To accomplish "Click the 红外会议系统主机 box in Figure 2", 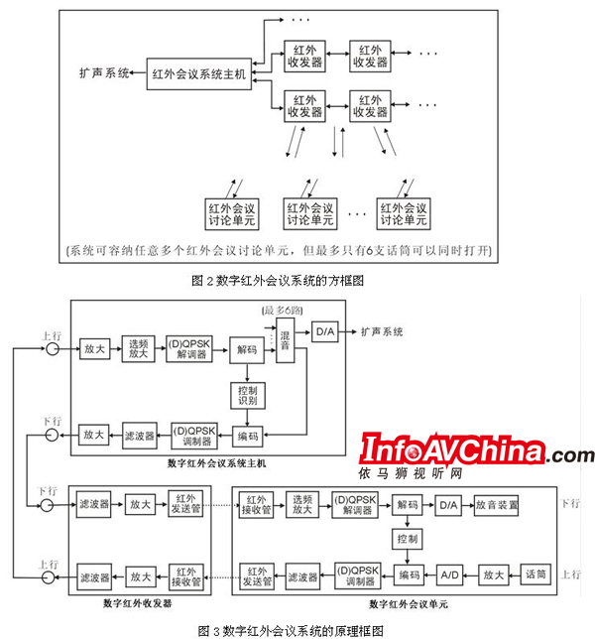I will (x=197, y=73).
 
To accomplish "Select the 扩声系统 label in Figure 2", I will (x=104, y=73).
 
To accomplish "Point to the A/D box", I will (x=449, y=575).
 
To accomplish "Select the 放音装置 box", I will (x=497, y=506).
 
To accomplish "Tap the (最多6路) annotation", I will (x=286, y=312).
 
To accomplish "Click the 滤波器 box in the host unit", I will (x=140, y=436).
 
